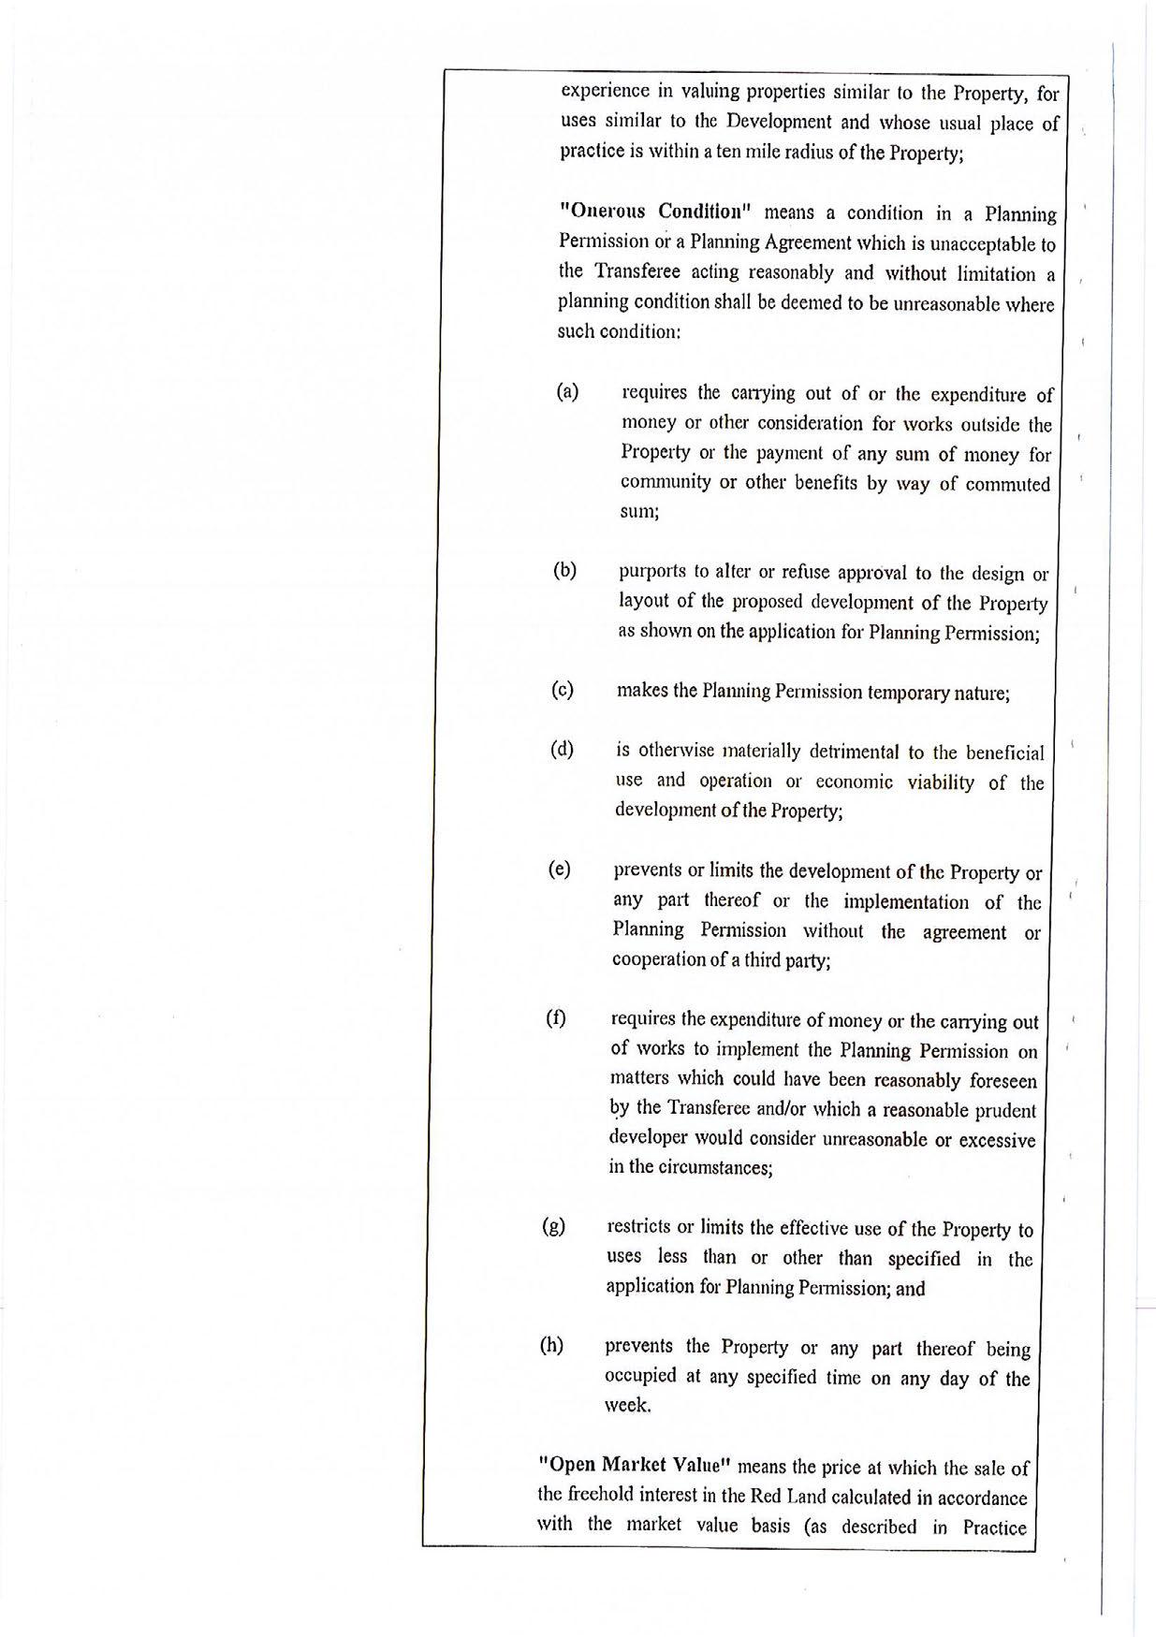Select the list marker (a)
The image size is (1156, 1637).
point(567,391)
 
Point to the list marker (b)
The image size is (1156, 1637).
point(564,570)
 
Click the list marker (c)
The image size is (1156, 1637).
point(562,691)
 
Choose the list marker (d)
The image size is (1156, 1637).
point(562,750)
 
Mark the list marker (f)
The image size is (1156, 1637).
point(556,1018)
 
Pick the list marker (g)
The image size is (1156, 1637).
point(553,1227)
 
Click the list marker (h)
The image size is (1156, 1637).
point(551,1346)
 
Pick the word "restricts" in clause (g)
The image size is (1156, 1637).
point(638,1227)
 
